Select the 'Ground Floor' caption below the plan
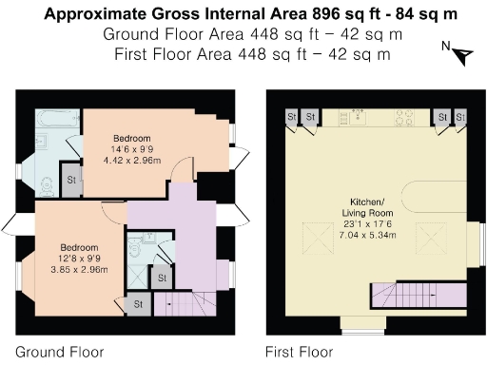[x=59, y=352]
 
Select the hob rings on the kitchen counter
[x=404, y=118]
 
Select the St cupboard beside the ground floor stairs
[x=138, y=304]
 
